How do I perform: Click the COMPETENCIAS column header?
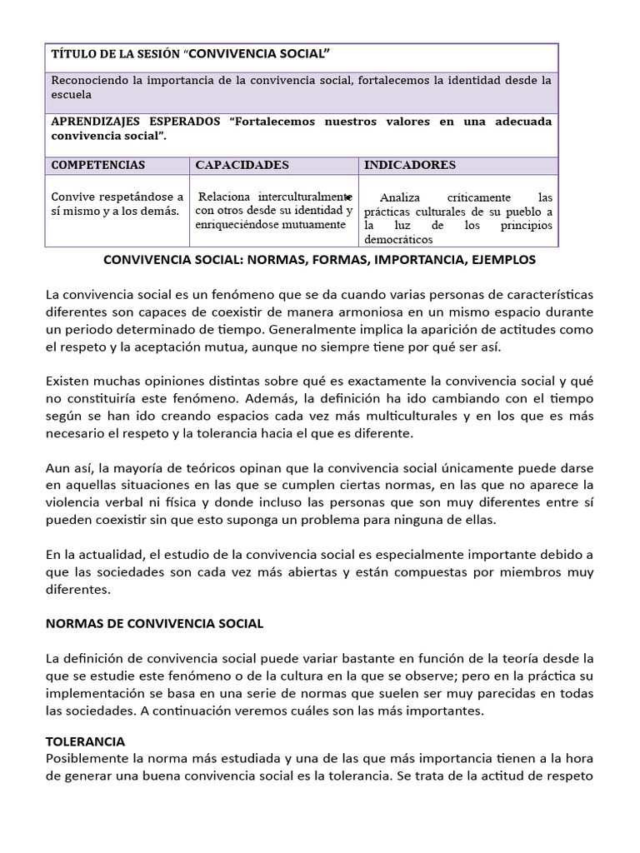pyautogui.click(x=97, y=165)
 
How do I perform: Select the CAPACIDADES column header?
pyautogui.click(x=242, y=165)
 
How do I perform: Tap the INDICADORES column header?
pyautogui.click(x=410, y=165)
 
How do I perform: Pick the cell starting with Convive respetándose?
pyautogui.click(x=117, y=204)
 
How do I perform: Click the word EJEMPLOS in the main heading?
pyautogui.click(x=502, y=260)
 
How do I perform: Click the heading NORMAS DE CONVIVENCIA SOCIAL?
pyautogui.click(x=154, y=623)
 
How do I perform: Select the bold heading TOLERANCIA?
pyautogui.click(x=85, y=741)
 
